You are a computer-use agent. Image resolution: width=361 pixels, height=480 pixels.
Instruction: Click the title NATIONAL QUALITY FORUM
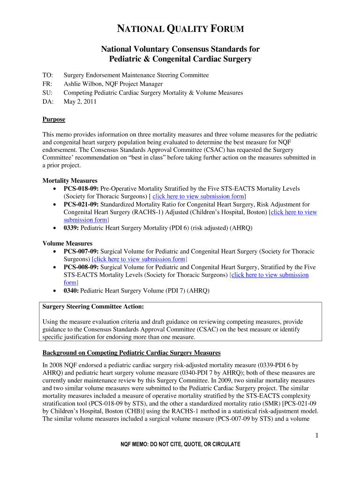tap(180, 30)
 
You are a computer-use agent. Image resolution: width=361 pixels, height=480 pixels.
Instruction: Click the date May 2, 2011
tap(80, 101)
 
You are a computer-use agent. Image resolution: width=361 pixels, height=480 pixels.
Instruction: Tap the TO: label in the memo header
tap(48, 75)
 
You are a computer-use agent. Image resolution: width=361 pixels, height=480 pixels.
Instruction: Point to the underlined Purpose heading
tap(54, 120)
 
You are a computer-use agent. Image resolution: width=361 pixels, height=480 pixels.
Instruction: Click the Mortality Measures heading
tap(70, 180)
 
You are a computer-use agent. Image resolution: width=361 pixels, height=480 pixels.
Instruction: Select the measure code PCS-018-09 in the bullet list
tap(81, 188)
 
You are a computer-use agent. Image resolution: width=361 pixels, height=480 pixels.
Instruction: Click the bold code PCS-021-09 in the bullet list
tap(81, 204)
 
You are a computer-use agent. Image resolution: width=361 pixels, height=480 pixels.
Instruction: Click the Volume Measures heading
tap(68, 244)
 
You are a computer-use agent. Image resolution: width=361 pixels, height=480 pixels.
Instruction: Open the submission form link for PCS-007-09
tap(140, 259)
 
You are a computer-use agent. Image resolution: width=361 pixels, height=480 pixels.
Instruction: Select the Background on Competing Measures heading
tap(131, 352)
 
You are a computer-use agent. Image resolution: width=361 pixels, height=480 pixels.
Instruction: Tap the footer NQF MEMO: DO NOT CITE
tap(180, 444)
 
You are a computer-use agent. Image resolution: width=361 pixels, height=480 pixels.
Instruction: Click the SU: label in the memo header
tap(48, 93)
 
